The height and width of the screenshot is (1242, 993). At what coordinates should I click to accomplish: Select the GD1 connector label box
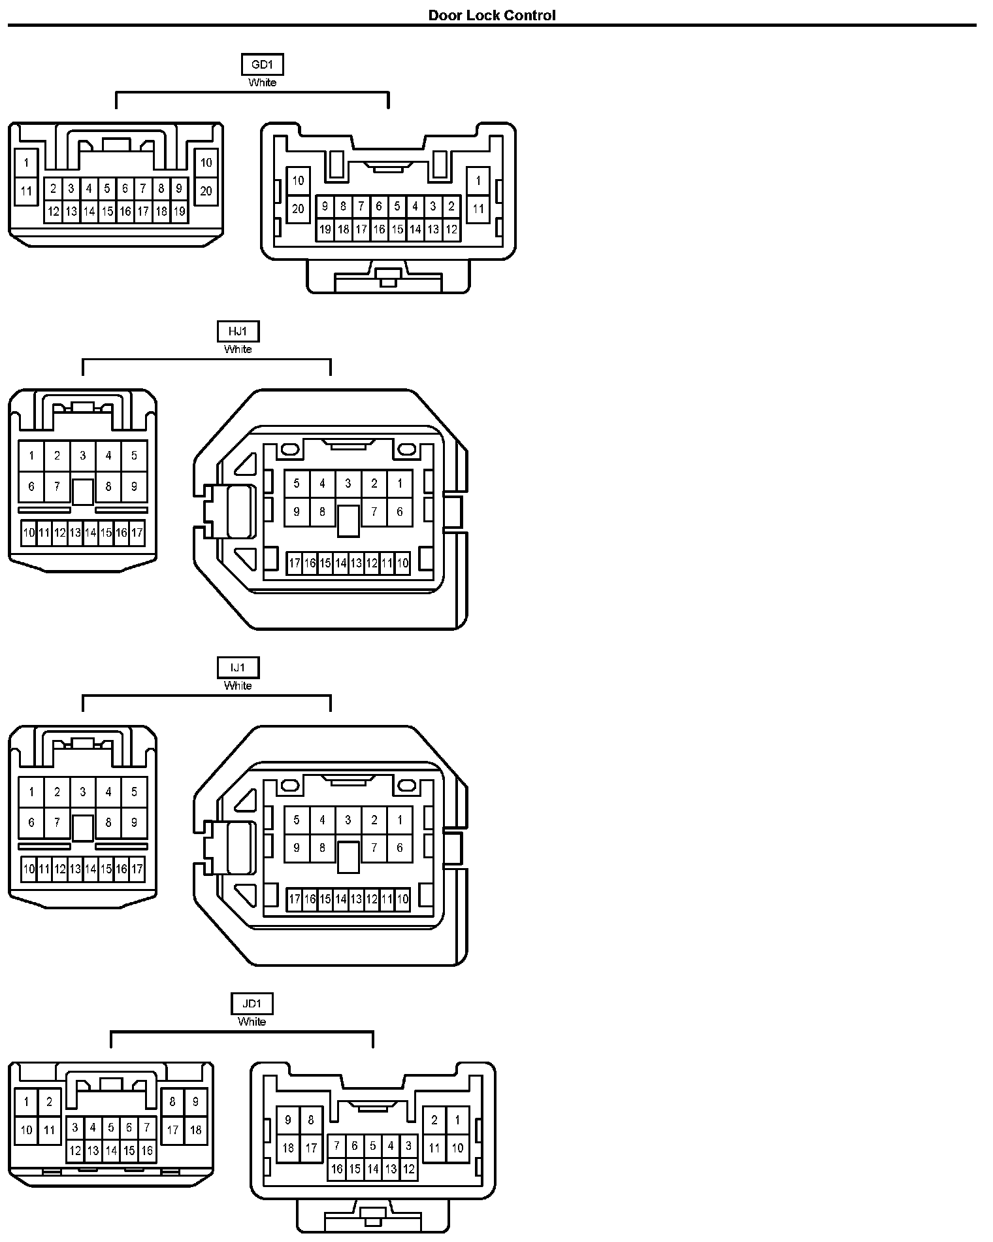click(x=262, y=65)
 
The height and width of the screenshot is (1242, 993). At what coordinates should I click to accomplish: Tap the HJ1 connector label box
click(x=238, y=331)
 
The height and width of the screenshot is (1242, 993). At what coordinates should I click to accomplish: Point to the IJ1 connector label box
click(x=238, y=667)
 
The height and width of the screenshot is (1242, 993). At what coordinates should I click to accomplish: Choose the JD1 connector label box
click(x=252, y=1003)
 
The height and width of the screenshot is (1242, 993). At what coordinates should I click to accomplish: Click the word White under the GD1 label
click(x=262, y=82)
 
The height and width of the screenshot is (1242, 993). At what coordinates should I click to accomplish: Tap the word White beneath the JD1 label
click(x=252, y=1021)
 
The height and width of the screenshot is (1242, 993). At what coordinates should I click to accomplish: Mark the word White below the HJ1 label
click(x=238, y=349)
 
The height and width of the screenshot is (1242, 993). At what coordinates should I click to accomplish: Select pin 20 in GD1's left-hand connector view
click(x=206, y=192)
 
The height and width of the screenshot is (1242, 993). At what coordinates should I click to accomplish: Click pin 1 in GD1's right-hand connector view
click(x=478, y=180)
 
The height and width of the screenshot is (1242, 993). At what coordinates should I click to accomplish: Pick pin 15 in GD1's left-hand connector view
click(x=107, y=211)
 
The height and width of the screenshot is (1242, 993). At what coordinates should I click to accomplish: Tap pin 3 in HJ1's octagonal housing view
click(x=348, y=484)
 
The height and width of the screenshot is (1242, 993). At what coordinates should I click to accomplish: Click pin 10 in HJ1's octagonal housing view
click(x=402, y=562)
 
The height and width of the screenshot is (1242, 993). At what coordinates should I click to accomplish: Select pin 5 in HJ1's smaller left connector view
click(x=134, y=456)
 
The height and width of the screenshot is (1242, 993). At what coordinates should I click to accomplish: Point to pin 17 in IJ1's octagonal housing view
click(x=295, y=899)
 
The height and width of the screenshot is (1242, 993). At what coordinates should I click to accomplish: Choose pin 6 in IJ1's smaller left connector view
click(x=31, y=822)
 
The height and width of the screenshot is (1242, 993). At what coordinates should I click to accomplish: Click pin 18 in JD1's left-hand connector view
click(x=195, y=1130)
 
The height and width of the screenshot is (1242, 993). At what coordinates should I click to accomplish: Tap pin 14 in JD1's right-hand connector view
click(x=372, y=1169)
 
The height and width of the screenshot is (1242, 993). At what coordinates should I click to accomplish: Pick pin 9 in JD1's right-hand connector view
click(x=288, y=1120)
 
